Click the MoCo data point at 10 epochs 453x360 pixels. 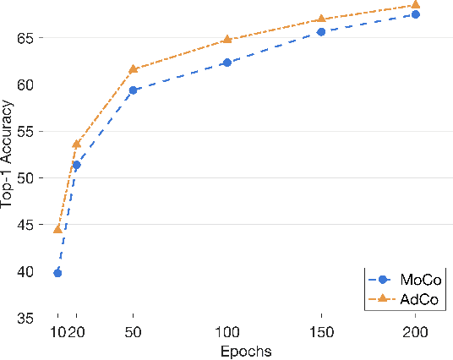[x=57, y=273]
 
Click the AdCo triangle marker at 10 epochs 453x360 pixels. [x=57, y=229]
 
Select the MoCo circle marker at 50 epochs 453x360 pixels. [x=133, y=90]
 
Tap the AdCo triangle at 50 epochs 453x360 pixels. [x=133, y=68]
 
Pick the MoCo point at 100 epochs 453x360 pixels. [x=226, y=63]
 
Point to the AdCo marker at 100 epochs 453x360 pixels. [x=226, y=40]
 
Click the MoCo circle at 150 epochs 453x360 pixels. [x=321, y=32]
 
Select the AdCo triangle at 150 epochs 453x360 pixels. [x=321, y=19]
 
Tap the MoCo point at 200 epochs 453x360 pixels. [x=415, y=14]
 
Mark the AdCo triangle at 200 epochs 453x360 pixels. [x=415, y=5]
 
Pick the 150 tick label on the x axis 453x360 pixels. [x=321, y=332]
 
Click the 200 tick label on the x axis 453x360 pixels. [x=415, y=332]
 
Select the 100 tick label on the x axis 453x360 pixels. [x=226, y=332]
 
